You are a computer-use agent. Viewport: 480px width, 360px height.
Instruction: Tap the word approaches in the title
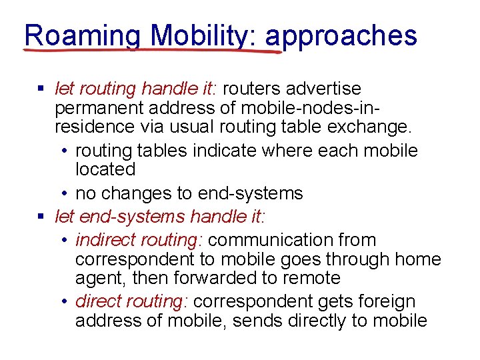[x=341, y=35]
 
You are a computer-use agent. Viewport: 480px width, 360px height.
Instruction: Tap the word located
[x=105, y=169]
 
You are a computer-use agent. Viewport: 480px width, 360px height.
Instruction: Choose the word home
[x=417, y=259]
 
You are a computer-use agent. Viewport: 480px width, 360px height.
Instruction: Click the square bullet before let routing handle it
[x=41, y=89]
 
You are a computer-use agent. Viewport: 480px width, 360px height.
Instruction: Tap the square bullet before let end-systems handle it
[x=41, y=216]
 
